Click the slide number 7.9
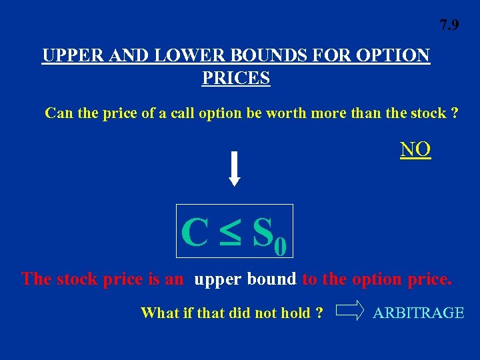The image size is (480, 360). pos(449,26)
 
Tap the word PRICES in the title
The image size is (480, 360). pos(236,79)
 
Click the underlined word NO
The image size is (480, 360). pos(415,150)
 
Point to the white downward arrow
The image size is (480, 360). pos(234,169)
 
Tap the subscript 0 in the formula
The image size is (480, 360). pos(280,247)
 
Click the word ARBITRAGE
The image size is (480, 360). pos(418,313)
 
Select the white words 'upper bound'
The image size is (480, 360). pos(245,279)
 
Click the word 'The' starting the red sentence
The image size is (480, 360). pos(37,279)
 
